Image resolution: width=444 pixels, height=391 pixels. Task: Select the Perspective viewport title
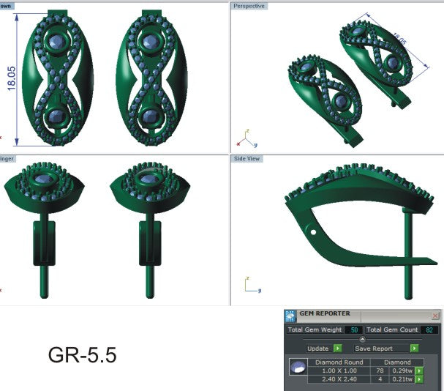[x=249, y=6]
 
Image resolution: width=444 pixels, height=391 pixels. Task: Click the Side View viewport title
[x=247, y=158]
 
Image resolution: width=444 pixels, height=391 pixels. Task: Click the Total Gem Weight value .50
[x=354, y=330]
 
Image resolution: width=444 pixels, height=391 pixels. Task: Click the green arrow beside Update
[x=337, y=349]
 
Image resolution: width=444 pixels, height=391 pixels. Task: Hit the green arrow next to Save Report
[x=415, y=349]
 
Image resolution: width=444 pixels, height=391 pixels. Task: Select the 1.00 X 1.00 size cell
[x=337, y=370]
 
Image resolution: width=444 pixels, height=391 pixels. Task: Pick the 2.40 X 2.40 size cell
[x=337, y=379]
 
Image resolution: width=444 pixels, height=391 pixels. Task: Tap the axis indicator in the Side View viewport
[x=249, y=285]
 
